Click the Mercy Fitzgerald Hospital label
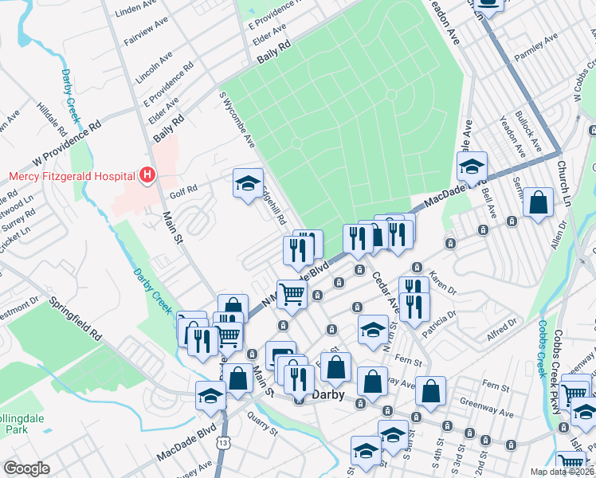pyautogui.click(x=71, y=175)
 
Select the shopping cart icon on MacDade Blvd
pyautogui.click(x=292, y=293)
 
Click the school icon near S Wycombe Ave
pyautogui.click(x=247, y=182)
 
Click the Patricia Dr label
pyautogui.click(x=441, y=325)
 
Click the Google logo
pyautogui.click(x=27, y=468)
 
